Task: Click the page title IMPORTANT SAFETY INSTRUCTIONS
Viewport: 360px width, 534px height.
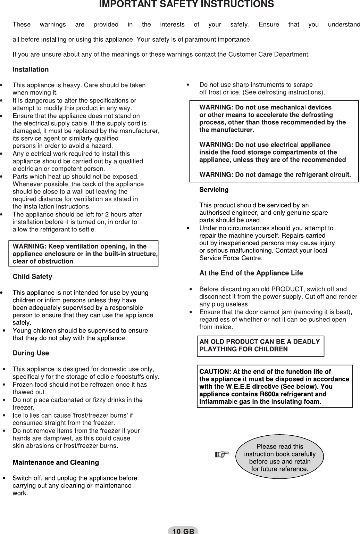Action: [186, 5]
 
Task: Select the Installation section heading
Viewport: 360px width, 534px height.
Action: [31, 69]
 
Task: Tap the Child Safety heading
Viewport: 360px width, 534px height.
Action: [32, 277]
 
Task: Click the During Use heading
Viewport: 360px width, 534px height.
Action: [31, 353]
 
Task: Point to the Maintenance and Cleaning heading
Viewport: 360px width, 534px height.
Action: [56, 463]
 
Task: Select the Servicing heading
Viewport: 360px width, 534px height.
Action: [214, 190]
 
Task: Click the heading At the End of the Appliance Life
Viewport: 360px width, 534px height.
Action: [251, 273]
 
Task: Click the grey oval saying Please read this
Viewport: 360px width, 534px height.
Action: [279, 458]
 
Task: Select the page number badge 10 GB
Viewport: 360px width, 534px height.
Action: [183, 531]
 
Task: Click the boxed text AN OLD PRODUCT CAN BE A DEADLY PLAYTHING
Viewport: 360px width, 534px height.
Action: [260, 345]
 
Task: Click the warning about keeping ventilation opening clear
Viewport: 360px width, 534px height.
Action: [83, 254]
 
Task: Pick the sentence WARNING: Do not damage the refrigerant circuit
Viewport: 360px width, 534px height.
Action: [275, 175]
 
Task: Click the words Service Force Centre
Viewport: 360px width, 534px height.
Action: [231, 258]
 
